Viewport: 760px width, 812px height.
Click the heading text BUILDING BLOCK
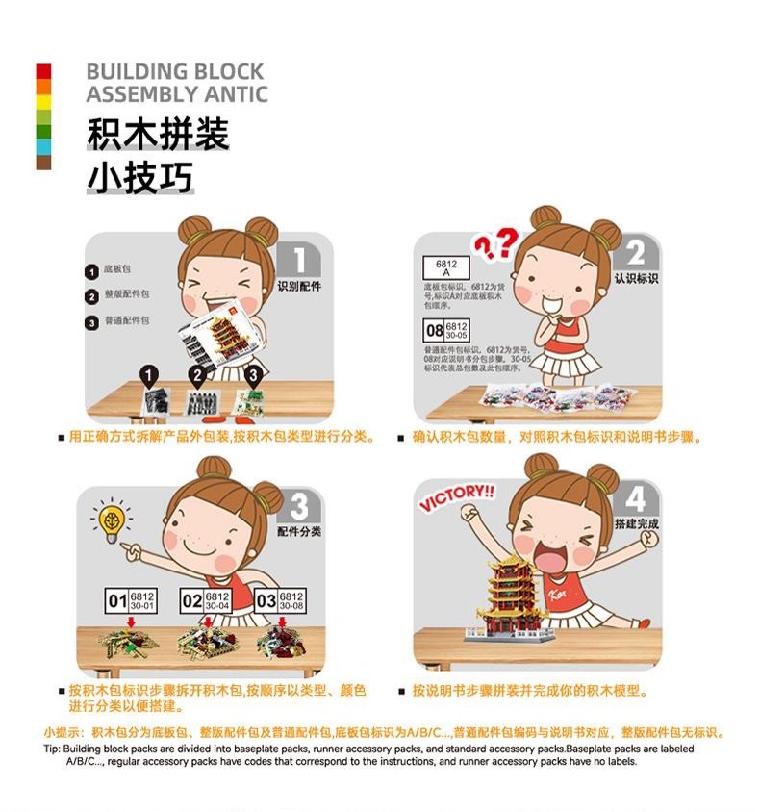tap(174, 71)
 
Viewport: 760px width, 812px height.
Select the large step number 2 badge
tap(636, 253)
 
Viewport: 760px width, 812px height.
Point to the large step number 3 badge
tap(299, 506)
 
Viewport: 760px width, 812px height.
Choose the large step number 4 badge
tap(636, 499)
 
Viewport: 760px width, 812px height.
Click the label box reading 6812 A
tap(444, 267)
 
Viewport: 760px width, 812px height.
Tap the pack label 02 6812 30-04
tap(206, 601)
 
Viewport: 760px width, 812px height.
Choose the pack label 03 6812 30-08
tap(280, 601)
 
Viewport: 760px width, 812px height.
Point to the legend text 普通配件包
tap(126, 321)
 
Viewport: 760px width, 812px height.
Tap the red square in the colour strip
tap(43, 71)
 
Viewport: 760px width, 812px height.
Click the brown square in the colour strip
tap(43, 163)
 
